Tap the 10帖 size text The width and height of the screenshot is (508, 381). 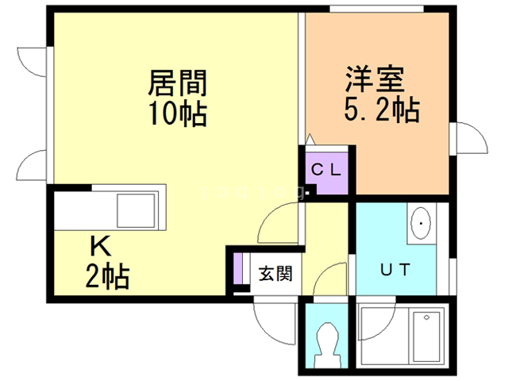coord(176,114)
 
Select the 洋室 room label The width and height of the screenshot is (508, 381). coord(375,79)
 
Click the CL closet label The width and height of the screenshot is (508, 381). coord(325,168)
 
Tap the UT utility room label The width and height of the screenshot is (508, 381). coord(394,269)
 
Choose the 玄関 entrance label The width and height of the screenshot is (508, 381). coord(275,274)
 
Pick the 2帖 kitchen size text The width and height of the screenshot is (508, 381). coord(107,277)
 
